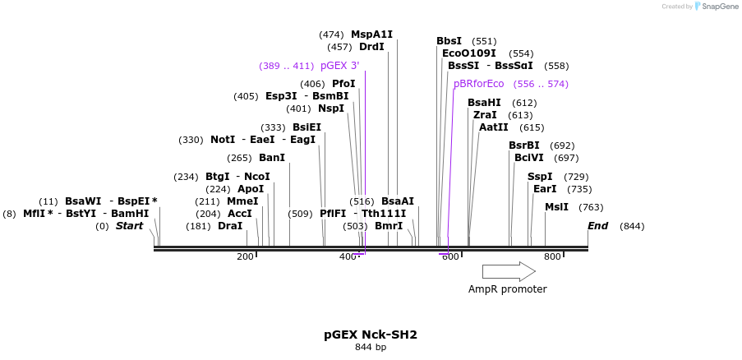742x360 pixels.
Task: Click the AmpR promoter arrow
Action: [508, 271]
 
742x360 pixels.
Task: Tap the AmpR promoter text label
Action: [507, 289]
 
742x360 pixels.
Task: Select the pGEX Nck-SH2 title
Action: [371, 335]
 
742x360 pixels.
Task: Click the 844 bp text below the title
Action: [371, 348]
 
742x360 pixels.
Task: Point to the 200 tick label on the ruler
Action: [245, 257]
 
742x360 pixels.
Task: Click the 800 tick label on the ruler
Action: [552, 257]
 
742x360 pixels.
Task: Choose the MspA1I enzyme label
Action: [372, 35]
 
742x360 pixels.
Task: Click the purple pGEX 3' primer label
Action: [340, 66]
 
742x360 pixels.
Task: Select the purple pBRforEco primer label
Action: [479, 84]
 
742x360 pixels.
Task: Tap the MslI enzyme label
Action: [556, 207]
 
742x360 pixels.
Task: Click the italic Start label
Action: [129, 226]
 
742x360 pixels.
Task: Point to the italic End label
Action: [597, 226]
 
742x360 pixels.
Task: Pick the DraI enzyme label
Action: [230, 226]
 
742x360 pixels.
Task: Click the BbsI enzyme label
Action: [449, 41]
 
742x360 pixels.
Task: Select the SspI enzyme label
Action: [540, 177]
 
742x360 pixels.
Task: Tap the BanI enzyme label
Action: [272, 158]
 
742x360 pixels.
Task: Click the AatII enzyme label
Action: [493, 127]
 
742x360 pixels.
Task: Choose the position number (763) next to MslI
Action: [592, 207]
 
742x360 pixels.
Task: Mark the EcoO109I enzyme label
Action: [469, 53]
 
